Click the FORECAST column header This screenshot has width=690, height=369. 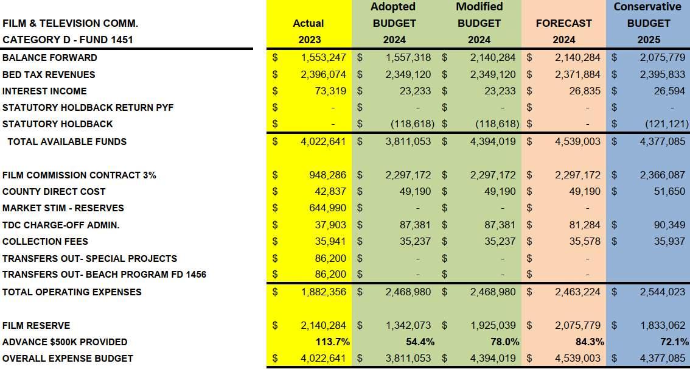click(x=563, y=23)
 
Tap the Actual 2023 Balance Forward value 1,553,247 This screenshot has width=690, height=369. click(x=323, y=58)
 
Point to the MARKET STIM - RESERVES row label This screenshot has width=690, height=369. click(x=63, y=208)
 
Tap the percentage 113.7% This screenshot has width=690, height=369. click(x=332, y=342)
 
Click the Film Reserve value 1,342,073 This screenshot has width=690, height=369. click(x=408, y=326)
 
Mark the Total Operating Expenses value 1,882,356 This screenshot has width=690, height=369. click(x=323, y=292)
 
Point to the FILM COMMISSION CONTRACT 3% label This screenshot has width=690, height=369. click(x=79, y=175)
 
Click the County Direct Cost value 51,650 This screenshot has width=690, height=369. click(x=669, y=192)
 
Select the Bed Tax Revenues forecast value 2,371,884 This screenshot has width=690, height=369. click(x=577, y=75)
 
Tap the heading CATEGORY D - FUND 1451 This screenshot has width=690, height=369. click(x=68, y=40)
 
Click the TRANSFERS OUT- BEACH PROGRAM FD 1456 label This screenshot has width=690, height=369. click(x=104, y=275)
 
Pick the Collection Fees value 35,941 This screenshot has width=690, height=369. click(x=330, y=241)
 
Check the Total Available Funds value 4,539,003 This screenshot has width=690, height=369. click(x=577, y=141)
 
